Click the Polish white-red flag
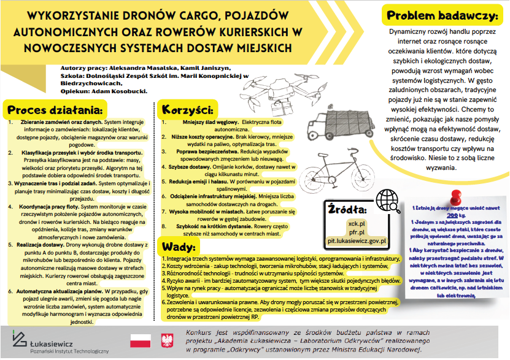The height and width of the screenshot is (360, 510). tap(140, 340)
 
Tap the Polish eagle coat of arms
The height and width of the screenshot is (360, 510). tap(166, 340)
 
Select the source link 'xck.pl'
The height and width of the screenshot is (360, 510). tap(356, 223)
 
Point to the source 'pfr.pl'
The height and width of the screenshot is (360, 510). tap(356, 232)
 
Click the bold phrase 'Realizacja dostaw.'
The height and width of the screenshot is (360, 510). tap(45, 243)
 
